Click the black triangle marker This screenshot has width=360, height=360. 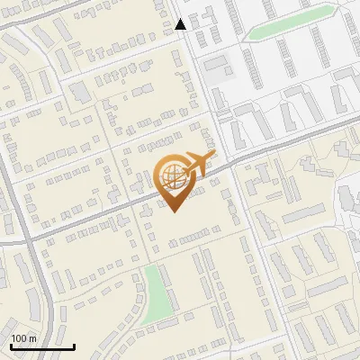tap(181, 25)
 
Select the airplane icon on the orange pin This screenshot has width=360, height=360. tap(196, 165)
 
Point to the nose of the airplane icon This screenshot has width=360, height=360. tap(213, 157)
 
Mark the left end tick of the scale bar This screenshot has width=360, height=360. tap(10, 346)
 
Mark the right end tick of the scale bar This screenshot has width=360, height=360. tap(74, 346)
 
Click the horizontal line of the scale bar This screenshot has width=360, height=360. tap(42, 347)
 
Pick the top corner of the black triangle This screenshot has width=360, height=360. tap(181, 20)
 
